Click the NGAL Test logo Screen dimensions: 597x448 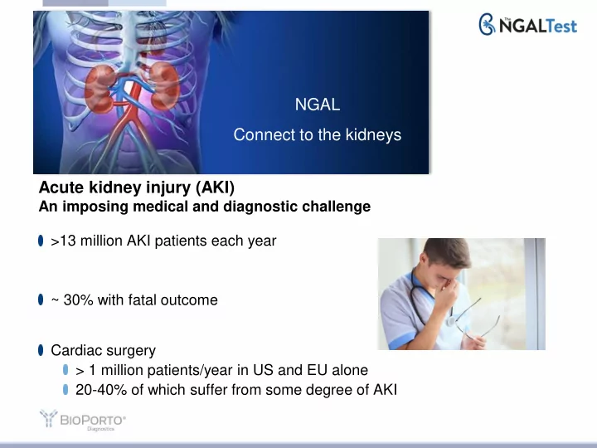527,25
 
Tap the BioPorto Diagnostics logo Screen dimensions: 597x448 83,420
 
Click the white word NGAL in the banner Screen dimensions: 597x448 317,105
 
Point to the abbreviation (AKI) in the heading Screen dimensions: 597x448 215,187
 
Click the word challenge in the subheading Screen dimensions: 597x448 336,207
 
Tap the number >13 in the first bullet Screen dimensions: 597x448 63,241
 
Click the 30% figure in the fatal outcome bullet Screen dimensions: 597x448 79,299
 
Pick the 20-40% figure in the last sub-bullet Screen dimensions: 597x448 101,390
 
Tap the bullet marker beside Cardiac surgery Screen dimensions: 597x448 41,350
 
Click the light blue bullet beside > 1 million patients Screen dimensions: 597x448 66,369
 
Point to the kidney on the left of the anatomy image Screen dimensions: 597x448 99,89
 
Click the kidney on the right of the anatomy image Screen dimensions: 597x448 164,86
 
